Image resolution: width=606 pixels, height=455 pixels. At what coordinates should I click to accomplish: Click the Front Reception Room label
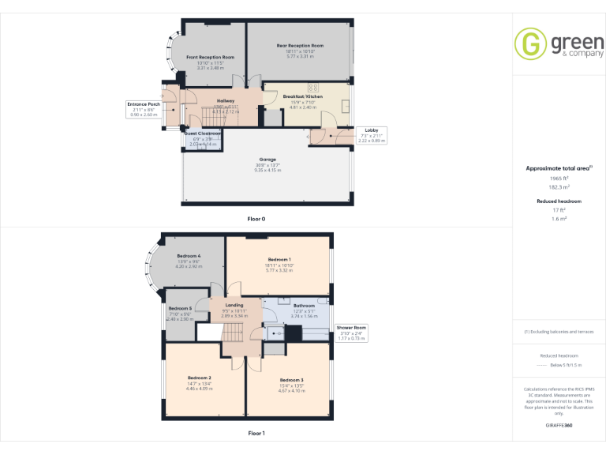tap(210, 58)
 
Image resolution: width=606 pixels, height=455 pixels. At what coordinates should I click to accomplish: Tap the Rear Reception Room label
tap(300, 46)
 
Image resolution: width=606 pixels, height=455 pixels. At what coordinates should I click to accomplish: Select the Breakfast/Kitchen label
tap(303, 96)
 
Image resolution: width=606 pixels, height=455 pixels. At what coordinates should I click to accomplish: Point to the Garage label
tap(262, 160)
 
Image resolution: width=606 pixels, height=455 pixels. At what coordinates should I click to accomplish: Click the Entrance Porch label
tap(144, 103)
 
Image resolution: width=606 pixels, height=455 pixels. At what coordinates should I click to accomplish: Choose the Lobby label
tap(370, 130)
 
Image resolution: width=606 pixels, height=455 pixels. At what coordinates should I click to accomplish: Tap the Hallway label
tap(226, 101)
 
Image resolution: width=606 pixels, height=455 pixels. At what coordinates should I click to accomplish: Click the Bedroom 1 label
tap(279, 260)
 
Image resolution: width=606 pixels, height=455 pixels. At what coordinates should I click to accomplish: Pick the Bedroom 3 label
tap(291, 380)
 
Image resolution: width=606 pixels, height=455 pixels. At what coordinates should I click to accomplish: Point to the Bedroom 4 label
tap(189, 256)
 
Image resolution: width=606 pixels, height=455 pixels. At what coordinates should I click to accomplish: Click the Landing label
tap(234, 305)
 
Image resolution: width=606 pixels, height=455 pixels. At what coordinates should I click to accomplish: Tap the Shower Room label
tap(351, 327)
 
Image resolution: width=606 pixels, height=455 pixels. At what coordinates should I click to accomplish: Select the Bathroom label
tap(304, 306)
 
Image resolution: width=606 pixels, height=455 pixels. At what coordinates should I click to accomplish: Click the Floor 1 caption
tap(256, 433)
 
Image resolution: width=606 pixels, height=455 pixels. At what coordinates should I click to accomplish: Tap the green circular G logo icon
tap(530, 44)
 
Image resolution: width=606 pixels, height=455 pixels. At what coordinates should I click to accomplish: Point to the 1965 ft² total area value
tap(559, 179)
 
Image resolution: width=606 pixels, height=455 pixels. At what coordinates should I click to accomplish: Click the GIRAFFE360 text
tap(559, 426)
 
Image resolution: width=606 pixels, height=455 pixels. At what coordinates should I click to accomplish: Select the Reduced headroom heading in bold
tap(559, 201)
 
